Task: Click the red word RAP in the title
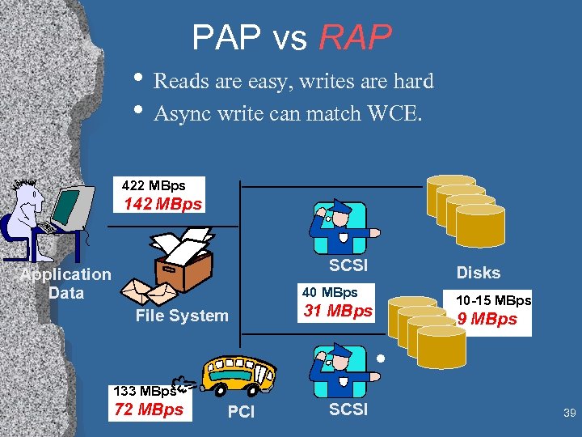pyautogui.click(x=356, y=37)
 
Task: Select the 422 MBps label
pyautogui.click(x=153, y=186)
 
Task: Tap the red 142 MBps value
pyautogui.click(x=162, y=204)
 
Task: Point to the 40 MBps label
pyautogui.click(x=330, y=292)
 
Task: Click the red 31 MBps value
pyautogui.click(x=338, y=311)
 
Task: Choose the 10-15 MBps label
pyautogui.click(x=493, y=300)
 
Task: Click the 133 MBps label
pyautogui.click(x=145, y=391)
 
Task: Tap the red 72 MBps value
pyautogui.click(x=149, y=409)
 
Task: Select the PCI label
pyautogui.click(x=241, y=413)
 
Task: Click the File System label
pyautogui.click(x=182, y=316)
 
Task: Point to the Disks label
pyautogui.click(x=479, y=273)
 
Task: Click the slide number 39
pyautogui.click(x=569, y=414)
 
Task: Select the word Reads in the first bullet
pyautogui.click(x=179, y=82)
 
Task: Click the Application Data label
pyautogui.click(x=65, y=283)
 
